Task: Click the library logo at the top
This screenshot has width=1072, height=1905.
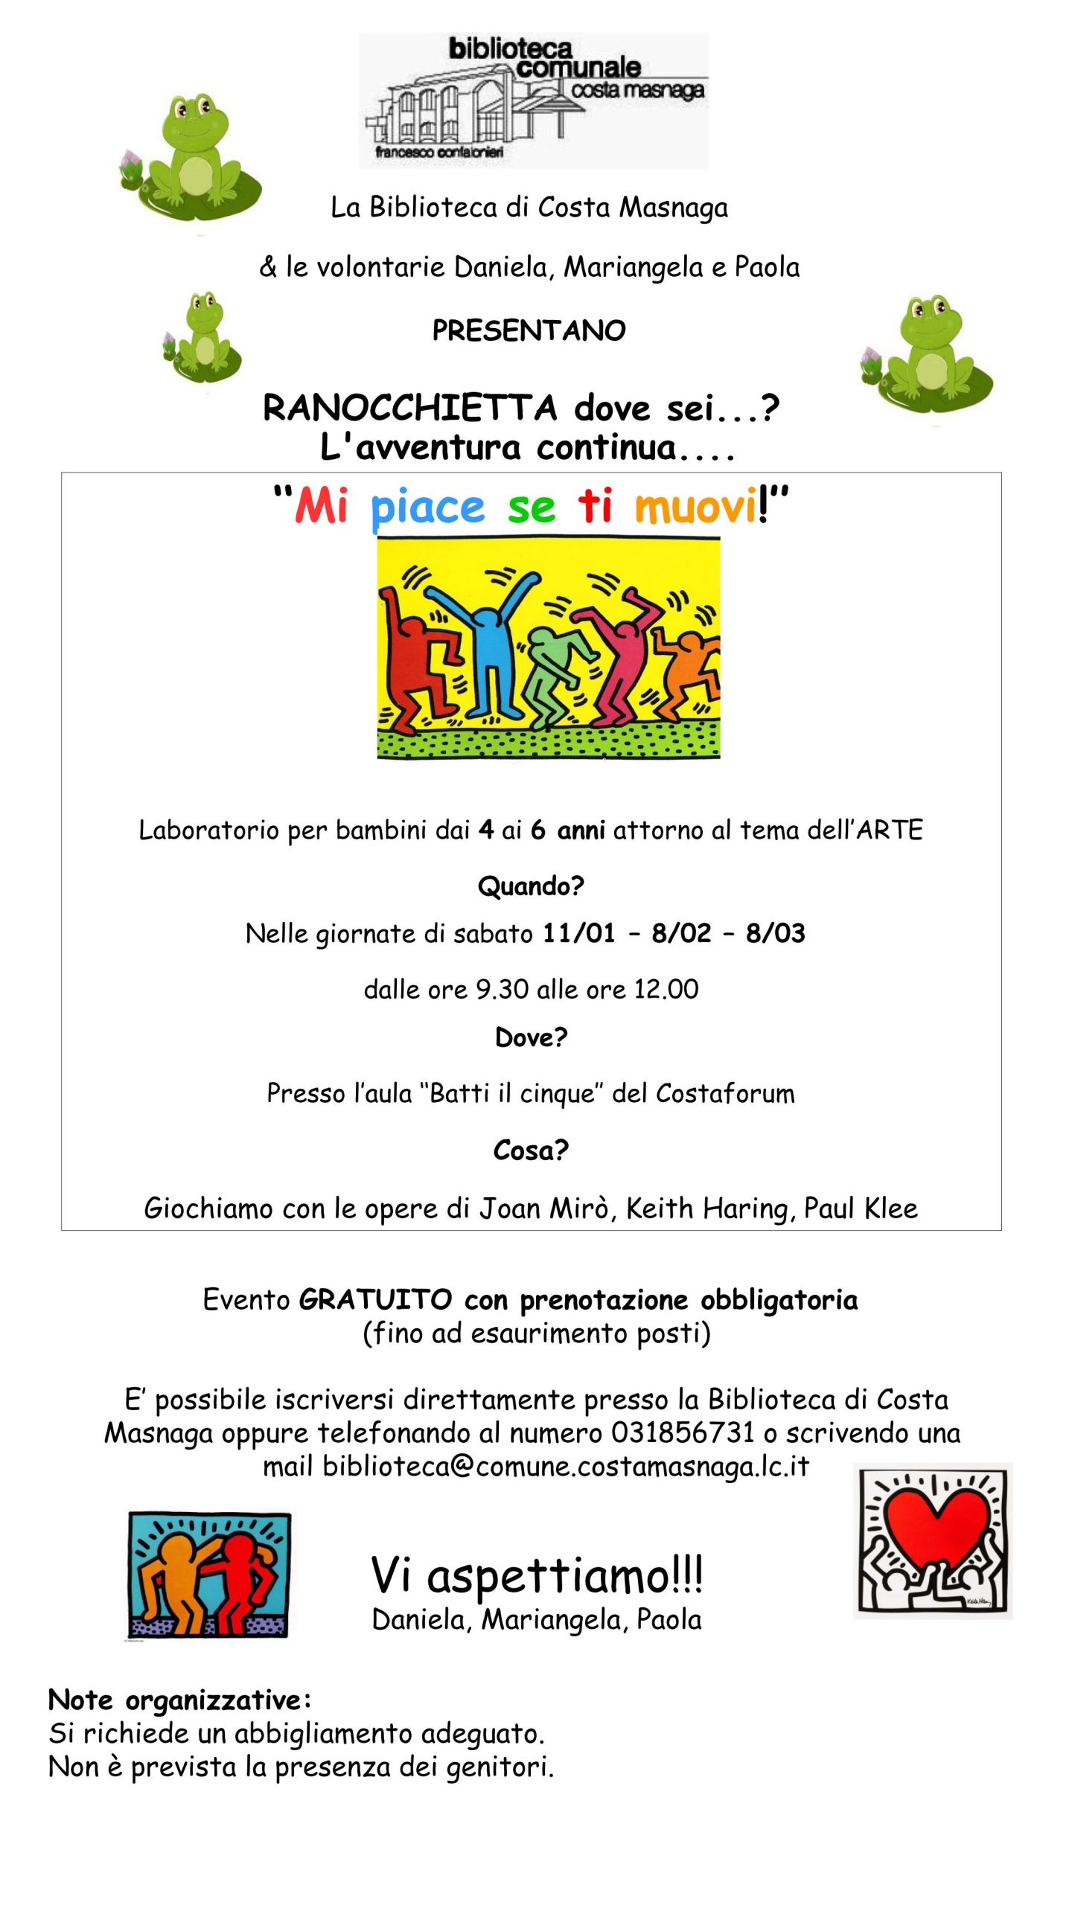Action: pyautogui.click(x=533, y=100)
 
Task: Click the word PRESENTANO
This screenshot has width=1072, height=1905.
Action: pyautogui.click(x=529, y=330)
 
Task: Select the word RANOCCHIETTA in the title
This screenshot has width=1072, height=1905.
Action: pyautogui.click(x=409, y=408)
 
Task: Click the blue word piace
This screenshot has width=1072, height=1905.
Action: pyautogui.click(x=427, y=508)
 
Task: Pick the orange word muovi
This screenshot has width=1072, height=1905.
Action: pyautogui.click(x=695, y=508)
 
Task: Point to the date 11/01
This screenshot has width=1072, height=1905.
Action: pyautogui.click(x=578, y=933)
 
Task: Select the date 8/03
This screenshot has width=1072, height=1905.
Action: pyautogui.click(x=775, y=933)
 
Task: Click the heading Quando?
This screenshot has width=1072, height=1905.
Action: pyautogui.click(x=531, y=886)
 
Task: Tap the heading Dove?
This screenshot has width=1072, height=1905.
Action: pyautogui.click(x=531, y=1037)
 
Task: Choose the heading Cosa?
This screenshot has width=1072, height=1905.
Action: pyautogui.click(x=531, y=1150)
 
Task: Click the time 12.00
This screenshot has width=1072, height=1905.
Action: pyautogui.click(x=666, y=989)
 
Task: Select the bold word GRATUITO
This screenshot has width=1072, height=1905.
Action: pyautogui.click(x=375, y=1300)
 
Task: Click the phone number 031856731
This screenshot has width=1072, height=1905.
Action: pyautogui.click(x=682, y=1432)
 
